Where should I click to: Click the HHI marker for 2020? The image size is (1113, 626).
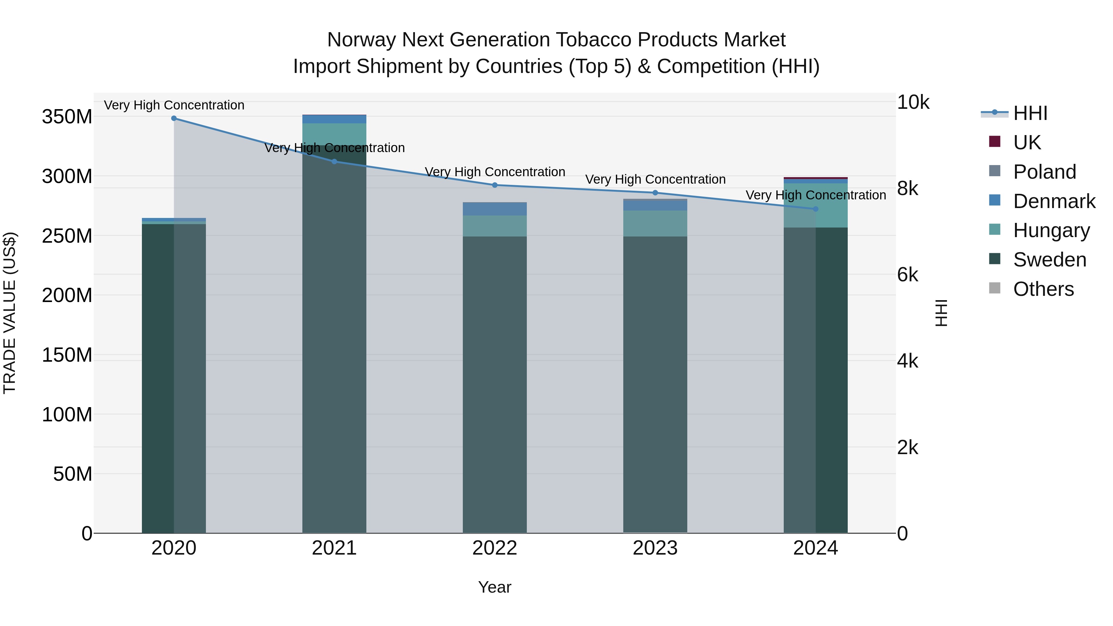coord(174,118)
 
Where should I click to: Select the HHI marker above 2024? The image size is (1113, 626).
coord(815,209)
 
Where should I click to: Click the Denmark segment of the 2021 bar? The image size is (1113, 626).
coord(334,119)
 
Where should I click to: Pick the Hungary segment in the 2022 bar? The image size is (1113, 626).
coord(495,226)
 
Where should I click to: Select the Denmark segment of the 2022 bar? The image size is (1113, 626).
coord(495,209)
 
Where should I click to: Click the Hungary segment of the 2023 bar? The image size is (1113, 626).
coord(655,224)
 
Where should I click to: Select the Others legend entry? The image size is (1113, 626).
coord(1043,289)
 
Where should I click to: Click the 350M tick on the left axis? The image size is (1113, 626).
coord(67,117)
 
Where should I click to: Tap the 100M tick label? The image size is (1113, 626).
coord(67,415)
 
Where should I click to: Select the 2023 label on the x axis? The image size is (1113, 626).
coord(655,548)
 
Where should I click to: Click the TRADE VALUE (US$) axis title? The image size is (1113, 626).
coord(10,313)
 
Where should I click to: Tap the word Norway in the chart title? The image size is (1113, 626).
coord(361,40)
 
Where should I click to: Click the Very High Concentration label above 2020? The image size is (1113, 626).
coord(174,105)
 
